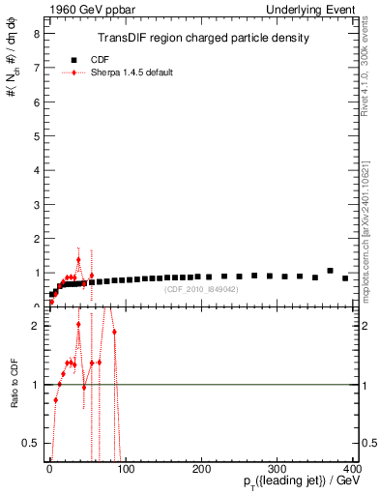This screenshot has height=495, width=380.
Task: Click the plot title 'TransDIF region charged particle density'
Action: click(204, 39)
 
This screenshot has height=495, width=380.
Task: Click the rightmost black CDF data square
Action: click(345, 278)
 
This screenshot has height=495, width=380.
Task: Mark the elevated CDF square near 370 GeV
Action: click(330, 271)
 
